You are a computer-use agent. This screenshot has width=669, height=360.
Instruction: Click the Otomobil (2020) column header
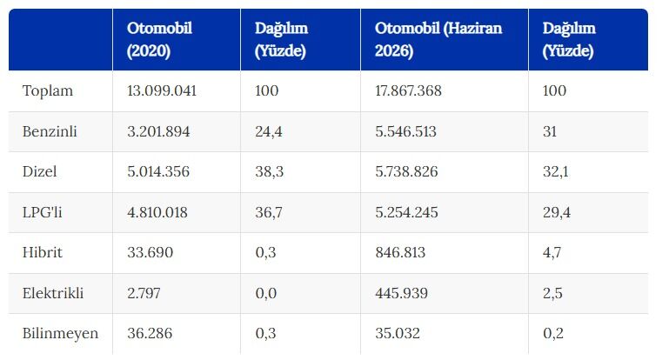point(159,39)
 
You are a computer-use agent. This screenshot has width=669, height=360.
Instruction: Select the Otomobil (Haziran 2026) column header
point(438,39)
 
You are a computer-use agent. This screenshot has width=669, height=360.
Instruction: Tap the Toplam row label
point(47,91)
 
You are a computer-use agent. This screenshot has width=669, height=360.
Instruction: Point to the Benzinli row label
point(50,131)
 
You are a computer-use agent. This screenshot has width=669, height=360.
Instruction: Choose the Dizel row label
point(39,171)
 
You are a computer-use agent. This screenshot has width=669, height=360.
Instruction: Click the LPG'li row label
point(42,212)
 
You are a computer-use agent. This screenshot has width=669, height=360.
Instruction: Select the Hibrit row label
point(43,252)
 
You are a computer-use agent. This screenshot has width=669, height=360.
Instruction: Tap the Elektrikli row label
point(53,293)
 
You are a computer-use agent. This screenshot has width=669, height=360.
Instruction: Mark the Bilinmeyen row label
point(60,333)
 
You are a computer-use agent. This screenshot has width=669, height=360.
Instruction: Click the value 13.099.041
point(162,90)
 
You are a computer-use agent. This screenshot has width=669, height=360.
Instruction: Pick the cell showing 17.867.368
point(408,90)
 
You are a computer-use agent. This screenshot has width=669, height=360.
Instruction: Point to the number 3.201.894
point(158,131)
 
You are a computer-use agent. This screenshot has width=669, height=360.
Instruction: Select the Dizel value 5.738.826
point(406,171)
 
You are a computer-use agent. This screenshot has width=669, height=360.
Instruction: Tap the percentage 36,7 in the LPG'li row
point(268,212)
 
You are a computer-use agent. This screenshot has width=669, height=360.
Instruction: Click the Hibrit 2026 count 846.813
point(400,252)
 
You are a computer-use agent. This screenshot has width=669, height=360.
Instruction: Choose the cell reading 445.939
point(401,293)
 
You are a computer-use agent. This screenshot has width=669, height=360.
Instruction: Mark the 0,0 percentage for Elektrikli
point(266,293)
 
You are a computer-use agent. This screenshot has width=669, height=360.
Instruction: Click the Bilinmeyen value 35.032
point(398,333)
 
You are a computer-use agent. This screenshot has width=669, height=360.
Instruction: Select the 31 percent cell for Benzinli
point(550,131)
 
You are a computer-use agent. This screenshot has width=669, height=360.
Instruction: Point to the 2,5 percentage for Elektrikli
point(552,293)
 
